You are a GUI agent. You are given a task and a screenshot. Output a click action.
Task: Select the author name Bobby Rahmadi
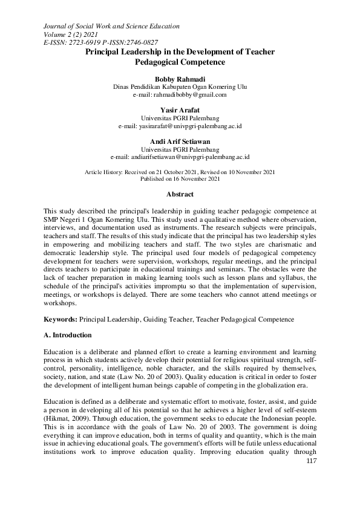coord(180,79)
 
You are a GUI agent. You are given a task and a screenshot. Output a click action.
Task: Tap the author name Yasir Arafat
coord(180,110)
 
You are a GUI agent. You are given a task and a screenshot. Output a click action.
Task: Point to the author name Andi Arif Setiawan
coord(180,141)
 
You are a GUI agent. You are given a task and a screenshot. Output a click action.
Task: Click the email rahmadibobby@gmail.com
coord(180,95)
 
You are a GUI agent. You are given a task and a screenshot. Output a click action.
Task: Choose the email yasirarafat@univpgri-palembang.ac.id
coord(180,126)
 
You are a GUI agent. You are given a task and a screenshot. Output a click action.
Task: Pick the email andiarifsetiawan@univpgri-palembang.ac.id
coord(180,157)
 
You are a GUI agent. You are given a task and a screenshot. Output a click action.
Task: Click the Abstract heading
coord(180,195)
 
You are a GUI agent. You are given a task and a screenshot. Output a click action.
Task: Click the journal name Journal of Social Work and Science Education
coord(112,27)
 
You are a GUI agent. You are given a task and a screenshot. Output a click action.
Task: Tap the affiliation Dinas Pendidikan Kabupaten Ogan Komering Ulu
coord(180,87)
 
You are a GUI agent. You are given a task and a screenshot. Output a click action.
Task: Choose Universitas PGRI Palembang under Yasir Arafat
coord(180,118)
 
